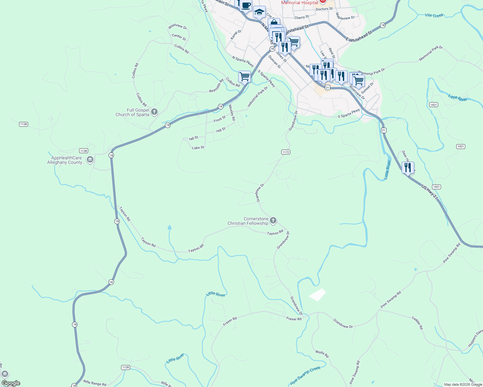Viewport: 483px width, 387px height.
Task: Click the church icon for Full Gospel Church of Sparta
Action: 154,112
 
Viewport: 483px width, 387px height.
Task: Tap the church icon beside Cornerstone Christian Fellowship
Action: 273,221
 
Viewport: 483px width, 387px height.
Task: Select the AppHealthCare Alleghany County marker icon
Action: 90,159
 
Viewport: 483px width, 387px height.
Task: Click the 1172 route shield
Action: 285,152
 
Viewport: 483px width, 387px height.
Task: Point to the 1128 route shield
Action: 126,367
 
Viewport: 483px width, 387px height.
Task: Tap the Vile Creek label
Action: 434,15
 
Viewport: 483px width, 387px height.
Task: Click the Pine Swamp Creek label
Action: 305,375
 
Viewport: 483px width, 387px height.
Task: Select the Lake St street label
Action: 198,148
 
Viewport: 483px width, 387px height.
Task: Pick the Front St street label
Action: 220,119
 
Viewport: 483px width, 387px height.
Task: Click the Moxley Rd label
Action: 232,113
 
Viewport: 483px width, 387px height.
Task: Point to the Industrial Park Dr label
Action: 258,97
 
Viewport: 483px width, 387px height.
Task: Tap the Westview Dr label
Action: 177,26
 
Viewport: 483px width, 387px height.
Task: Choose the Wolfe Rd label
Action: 322,354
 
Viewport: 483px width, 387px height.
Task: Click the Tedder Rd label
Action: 417,323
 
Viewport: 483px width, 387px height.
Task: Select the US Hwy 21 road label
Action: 429,192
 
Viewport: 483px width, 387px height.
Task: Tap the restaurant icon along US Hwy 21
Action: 408,168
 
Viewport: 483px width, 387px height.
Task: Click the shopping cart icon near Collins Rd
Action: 244,77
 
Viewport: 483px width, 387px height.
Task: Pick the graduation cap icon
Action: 259,12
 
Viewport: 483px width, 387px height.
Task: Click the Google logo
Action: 11,383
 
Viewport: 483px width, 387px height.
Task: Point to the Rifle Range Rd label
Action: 95,383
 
